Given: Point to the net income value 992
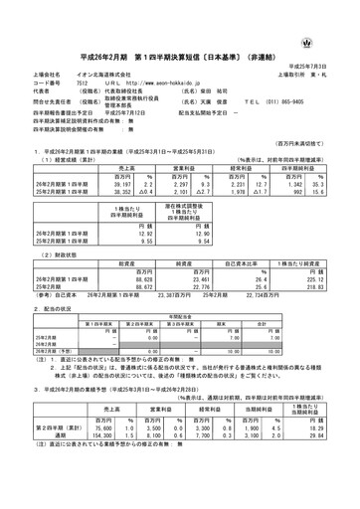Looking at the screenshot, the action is [308, 184].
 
